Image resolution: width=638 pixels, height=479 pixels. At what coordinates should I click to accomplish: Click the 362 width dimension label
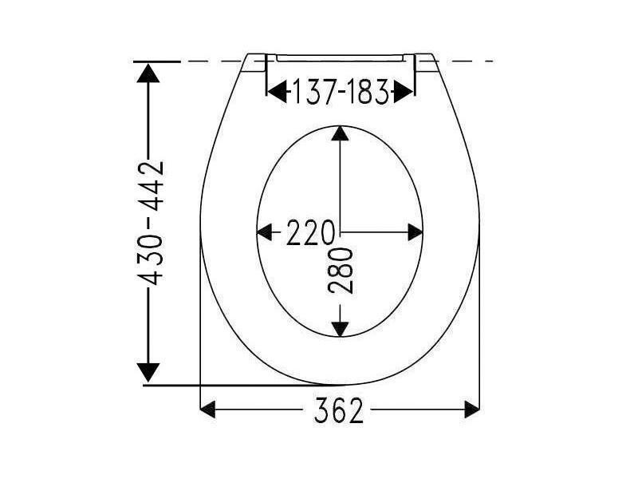click(x=338, y=410)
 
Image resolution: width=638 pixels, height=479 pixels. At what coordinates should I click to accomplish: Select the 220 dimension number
click(x=310, y=232)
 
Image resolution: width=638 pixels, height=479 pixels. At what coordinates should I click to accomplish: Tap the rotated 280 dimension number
click(x=341, y=271)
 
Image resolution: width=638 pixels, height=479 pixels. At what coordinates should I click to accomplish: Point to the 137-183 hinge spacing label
click(x=341, y=92)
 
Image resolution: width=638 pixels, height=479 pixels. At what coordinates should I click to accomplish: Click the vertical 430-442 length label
click(x=150, y=224)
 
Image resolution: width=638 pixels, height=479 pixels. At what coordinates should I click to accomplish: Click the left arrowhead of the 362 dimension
click(x=207, y=410)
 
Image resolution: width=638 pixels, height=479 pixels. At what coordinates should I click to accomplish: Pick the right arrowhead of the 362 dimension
click(x=472, y=410)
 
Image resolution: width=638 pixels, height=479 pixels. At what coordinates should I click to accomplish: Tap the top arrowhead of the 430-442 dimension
click(x=148, y=73)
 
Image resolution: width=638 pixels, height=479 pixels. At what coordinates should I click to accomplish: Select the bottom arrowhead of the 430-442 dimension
click(x=148, y=372)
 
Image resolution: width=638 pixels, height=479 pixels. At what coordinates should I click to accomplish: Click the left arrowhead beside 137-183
click(x=277, y=92)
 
